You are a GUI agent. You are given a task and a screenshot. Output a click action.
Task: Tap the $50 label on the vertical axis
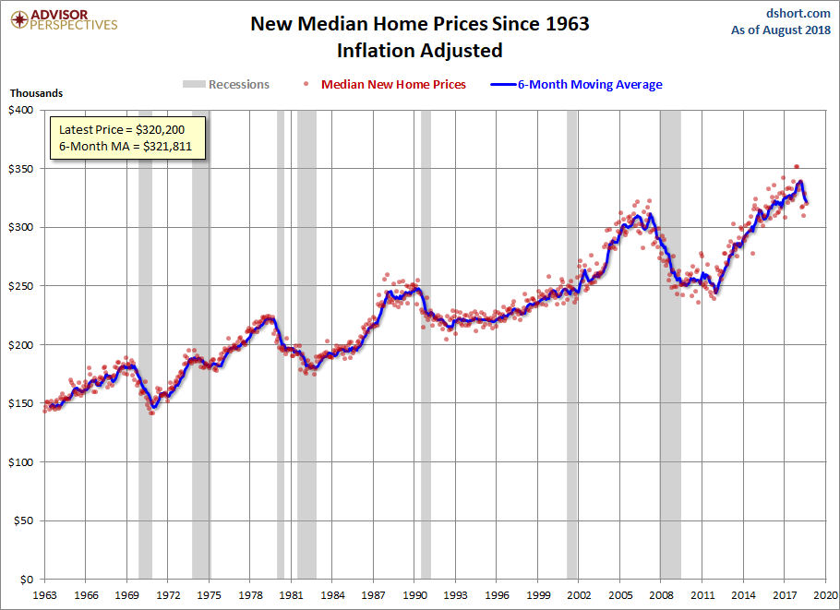tap(23, 520)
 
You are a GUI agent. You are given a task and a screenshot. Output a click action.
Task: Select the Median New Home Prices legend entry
tap(393, 85)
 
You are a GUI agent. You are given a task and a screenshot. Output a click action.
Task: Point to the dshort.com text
tap(799, 13)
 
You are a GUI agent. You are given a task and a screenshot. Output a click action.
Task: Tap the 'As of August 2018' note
tap(781, 30)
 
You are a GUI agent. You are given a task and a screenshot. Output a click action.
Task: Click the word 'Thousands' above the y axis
tap(37, 93)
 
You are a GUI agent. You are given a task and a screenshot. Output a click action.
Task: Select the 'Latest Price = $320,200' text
tap(128, 129)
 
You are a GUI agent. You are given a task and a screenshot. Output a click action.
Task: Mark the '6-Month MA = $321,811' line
tap(126, 147)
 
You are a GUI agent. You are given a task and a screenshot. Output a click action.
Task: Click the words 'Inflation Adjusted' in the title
tap(419, 50)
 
